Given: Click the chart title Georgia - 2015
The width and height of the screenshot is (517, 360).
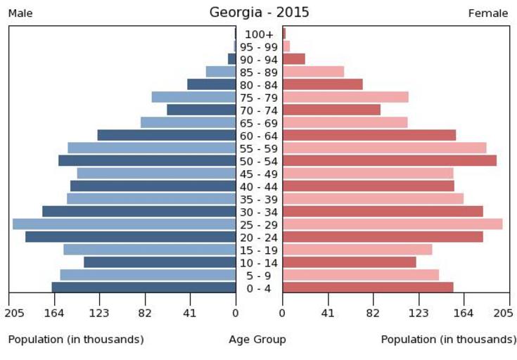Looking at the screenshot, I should [259, 13].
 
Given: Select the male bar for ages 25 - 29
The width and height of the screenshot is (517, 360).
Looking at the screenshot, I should [124, 224].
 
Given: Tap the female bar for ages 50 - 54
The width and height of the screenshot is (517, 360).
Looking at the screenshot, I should [389, 160].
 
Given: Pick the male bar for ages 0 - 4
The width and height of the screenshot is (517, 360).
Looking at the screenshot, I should [143, 287].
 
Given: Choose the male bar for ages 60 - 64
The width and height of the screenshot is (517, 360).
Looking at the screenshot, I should [166, 135].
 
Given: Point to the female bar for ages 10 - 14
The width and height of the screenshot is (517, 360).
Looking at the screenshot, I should [349, 262].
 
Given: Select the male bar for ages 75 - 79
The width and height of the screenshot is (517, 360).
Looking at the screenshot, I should [193, 97].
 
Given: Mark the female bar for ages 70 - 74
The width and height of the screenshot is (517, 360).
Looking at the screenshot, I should [331, 110].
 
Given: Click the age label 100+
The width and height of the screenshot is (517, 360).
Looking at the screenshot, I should [259, 34].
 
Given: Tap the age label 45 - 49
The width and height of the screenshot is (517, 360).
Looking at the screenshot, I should [259, 174].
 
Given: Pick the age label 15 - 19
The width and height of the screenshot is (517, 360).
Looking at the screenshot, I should [259, 250].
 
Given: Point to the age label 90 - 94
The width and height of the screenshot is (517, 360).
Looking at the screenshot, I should [259, 60].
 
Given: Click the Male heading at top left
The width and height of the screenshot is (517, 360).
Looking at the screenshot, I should [20, 13].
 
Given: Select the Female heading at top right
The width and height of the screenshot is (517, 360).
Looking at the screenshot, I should [488, 13].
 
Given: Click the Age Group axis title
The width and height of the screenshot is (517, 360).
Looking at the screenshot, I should [257, 340].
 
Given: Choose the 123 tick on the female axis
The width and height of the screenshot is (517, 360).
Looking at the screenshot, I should [419, 313].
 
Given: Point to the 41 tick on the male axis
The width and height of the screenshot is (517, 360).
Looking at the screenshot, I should [189, 313].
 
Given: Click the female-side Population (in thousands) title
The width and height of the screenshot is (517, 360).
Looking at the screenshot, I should [448, 340].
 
